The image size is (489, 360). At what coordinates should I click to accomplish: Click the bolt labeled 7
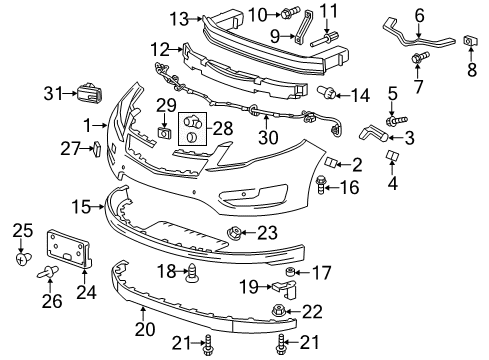click(414, 60)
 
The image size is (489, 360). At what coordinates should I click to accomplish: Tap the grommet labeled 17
click(291, 273)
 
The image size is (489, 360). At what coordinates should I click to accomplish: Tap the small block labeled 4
click(394, 157)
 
